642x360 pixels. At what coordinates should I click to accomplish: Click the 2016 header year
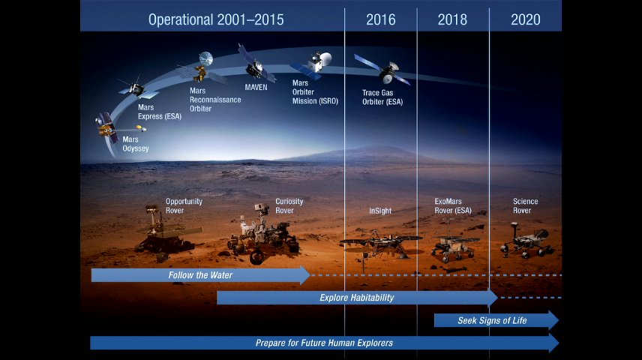click(x=381, y=19)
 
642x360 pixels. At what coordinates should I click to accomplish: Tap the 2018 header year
click(x=452, y=19)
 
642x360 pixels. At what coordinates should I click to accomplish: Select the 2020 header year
click(x=526, y=19)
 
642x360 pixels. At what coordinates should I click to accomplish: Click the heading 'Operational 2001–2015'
click(x=216, y=19)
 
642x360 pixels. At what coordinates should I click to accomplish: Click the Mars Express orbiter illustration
click(x=137, y=88)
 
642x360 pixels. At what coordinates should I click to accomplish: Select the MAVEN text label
click(x=256, y=87)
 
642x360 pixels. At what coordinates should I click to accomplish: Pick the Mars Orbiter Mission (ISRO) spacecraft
click(x=313, y=64)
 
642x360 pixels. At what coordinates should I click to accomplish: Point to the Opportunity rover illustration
click(x=166, y=234)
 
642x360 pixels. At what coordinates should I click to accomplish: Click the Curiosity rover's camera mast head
click(x=261, y=208)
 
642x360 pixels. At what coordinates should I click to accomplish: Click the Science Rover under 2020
click(x=526, y=241)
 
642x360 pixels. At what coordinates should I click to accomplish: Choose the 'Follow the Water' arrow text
click(x=200, y=275)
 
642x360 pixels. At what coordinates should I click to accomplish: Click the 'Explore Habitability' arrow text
click(x=356, y=298)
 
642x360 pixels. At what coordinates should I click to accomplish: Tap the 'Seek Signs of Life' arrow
click(x=496, y=320)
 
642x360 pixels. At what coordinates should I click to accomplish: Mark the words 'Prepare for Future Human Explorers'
click(x=324, y=343)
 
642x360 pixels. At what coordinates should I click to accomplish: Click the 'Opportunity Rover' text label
click(x=184, y=205)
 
